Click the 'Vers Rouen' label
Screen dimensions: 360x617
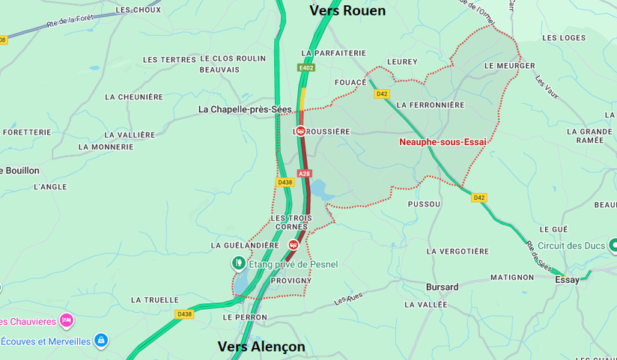coord(347,10)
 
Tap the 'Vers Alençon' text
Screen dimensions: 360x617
coord(261,347)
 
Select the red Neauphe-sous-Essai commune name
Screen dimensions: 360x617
coord(442,141)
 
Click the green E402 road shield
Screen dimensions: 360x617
coord(306,67)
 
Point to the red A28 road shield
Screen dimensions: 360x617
coord(304,174)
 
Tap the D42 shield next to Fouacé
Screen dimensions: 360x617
coord(382,94)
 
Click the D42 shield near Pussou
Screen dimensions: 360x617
coord(479,198)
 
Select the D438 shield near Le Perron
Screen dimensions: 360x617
coord(184,314)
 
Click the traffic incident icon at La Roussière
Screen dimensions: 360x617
coord(300,131)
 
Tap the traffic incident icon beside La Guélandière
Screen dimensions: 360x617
coord(293,245)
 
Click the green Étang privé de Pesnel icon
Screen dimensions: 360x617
coord(238,263)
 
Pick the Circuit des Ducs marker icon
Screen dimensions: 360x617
coord(613,245)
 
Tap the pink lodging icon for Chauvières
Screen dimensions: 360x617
coord(67,320)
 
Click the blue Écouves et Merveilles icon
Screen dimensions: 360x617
coord(101,341)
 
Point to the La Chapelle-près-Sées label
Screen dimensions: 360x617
coord(245,109)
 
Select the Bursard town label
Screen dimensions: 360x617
coord(442,287)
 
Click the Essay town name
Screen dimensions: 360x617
coord(567,279)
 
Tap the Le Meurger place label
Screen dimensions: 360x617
coord(510,66)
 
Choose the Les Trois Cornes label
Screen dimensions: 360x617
coord(291,222)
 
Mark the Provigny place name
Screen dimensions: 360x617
coord(285,281)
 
